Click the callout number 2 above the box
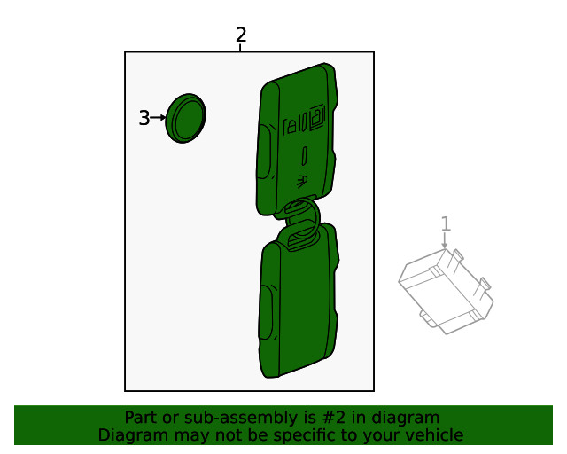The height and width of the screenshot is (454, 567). [x=240, y=35]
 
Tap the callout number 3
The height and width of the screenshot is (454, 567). [x=144, y=117]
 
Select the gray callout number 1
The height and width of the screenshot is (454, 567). [x=446, y=224]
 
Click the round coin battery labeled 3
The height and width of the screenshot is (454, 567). [x=185, y=117]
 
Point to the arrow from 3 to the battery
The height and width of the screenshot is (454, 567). [x=159, y=117]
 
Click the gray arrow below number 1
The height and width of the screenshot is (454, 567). [x=445, y=240]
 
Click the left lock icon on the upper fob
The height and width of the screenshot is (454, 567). [x=291, y=125]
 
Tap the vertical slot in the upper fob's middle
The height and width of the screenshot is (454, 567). [x=305, y=156]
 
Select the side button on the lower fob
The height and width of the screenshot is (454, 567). [x=265, y=310]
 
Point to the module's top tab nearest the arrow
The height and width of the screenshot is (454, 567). [x=455, y=255]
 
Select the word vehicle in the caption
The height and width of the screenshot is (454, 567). [x=433, y=434]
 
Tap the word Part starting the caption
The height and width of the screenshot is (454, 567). [x=141, y=418]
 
